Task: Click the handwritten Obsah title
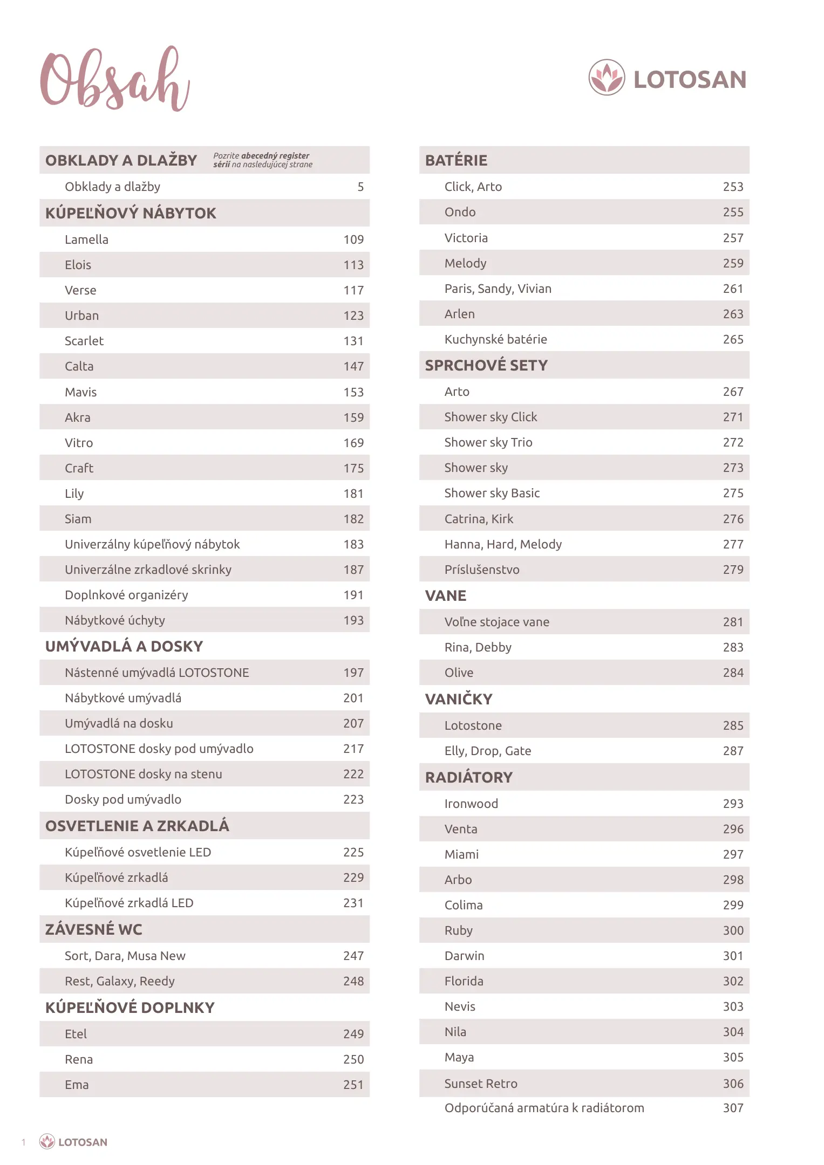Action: [x=114, y=80]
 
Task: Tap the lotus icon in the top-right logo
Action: [x=607, y=77]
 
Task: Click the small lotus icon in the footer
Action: [x=47, y=1141]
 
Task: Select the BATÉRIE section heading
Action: [x=456, y=160]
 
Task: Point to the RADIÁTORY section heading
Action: [x=468, y=777]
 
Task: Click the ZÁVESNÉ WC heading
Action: [x=94, y=929]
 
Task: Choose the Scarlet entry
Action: [x=84, y=341]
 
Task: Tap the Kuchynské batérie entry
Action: [x=495, y=339]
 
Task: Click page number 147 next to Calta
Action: [x=353, y=366]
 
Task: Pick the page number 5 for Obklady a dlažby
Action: [x=360, y=187]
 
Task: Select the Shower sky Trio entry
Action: [x=488, y=442]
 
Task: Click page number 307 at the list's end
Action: [x=733, y=1108]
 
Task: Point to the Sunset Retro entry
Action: [x=480, y=1084]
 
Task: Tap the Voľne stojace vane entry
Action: [x=496, y=622]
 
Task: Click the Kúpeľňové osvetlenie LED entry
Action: [x=138, y=852]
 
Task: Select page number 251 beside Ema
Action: [x=353, y=1085]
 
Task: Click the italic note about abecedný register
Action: [x=263, y=160]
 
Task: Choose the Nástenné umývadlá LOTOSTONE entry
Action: [x=156, y=673]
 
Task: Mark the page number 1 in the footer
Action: [x=23, y=1142]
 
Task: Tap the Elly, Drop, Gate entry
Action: [x=487, y=751]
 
